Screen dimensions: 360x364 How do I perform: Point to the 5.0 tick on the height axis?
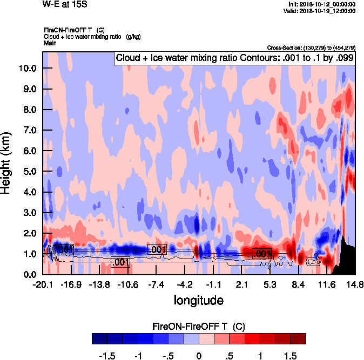(x=30, y=172)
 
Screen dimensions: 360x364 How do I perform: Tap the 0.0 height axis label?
(x=30, y=274)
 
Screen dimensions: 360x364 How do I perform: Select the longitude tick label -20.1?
(x=42, y=284)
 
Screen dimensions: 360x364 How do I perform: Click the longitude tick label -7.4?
(x=156, y=284)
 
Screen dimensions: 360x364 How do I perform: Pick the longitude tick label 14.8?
(x=355, y=284)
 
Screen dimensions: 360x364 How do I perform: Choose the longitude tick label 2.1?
(x=241, y=284)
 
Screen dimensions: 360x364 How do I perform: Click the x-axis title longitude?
(x=198, y=300)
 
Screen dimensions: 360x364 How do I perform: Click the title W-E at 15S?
(x=64, y=4)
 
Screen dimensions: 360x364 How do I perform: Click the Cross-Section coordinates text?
(x=311, y=48)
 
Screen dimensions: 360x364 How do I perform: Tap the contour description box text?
(x=234, y=58)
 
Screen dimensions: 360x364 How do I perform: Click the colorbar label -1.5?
(x=107, y=356)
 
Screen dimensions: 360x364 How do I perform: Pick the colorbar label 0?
(x=199, y=356)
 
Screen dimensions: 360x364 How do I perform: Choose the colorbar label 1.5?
(x=290, y=356)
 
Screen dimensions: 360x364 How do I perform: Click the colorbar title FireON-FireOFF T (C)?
(x=199, y=327)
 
